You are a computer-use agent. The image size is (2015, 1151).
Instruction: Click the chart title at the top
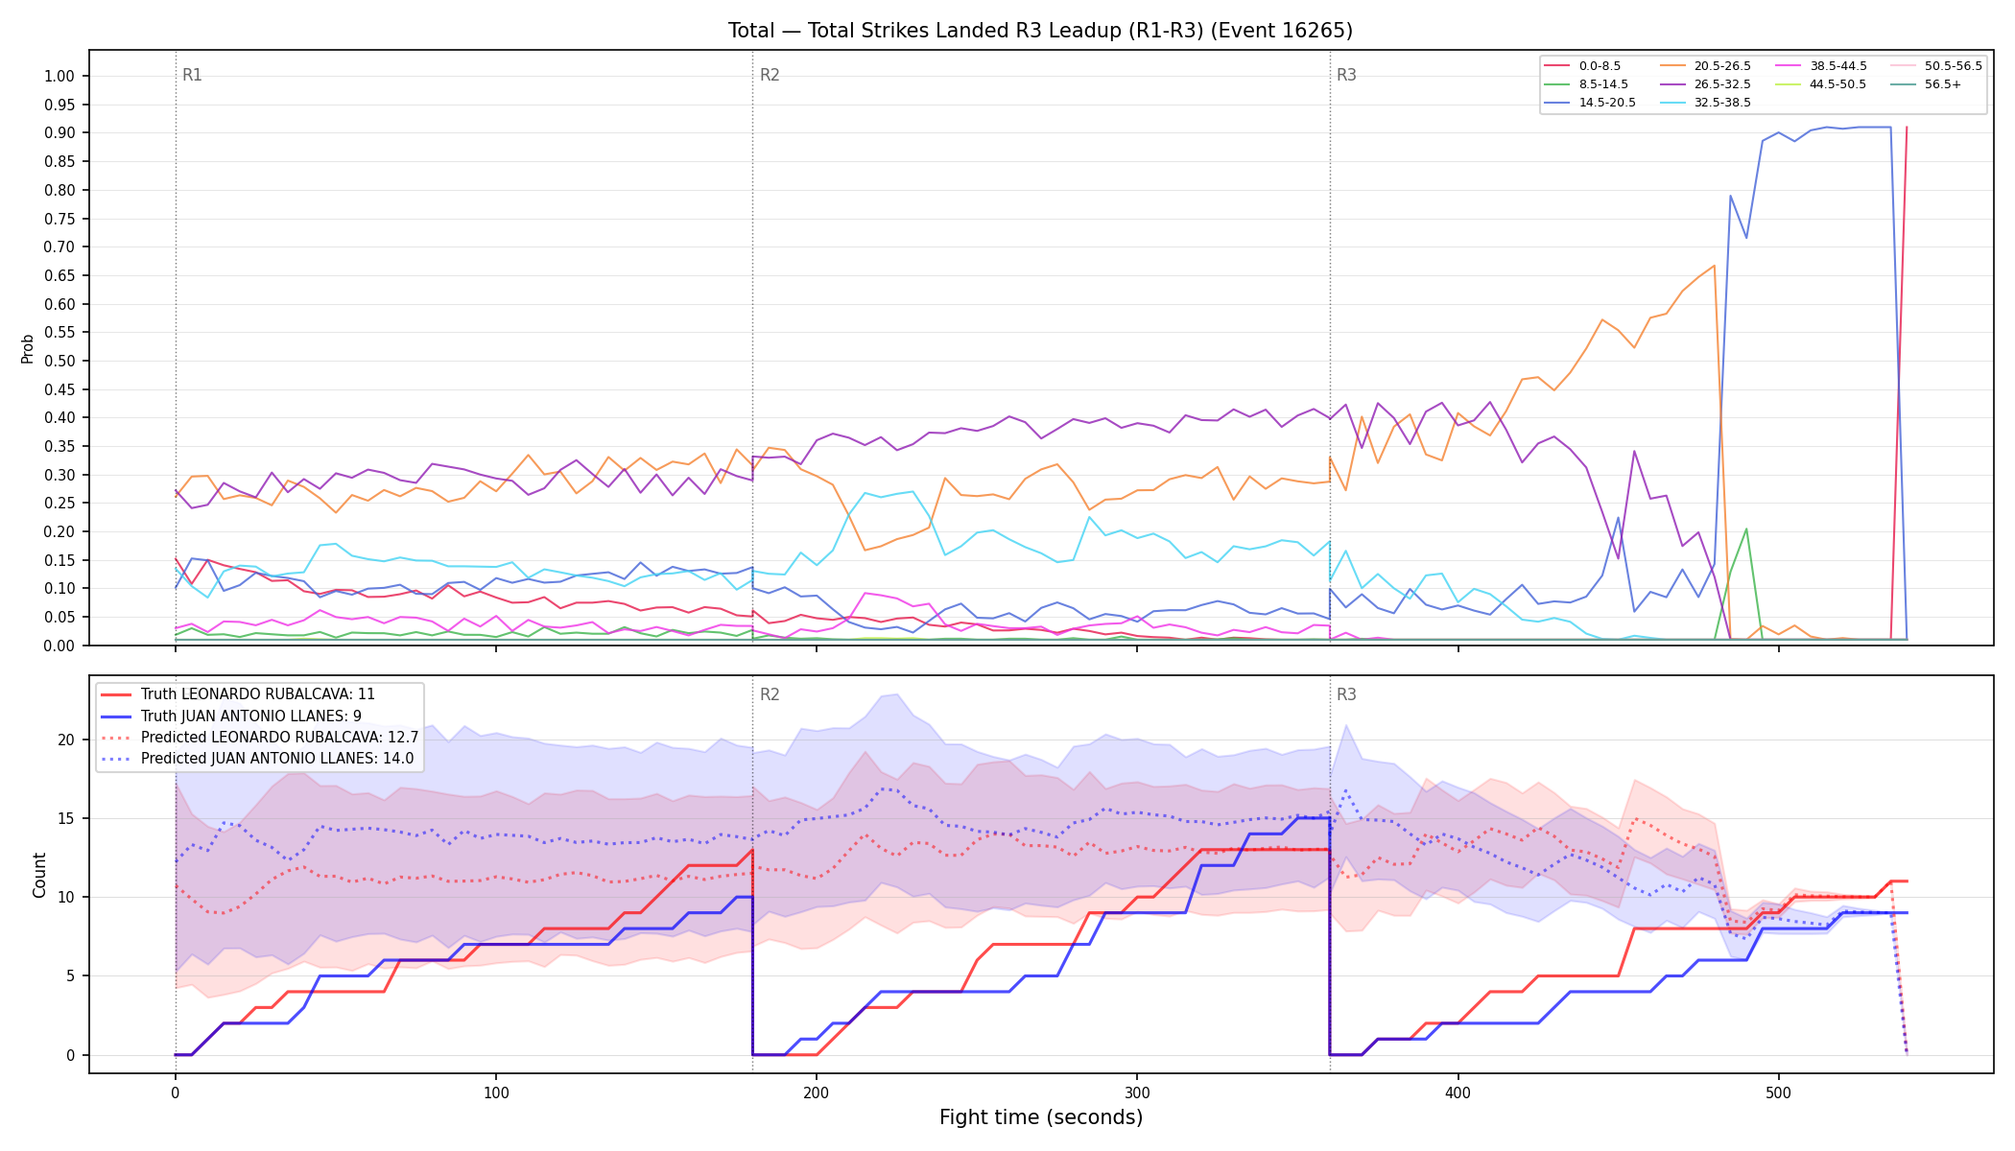click(1040, 31)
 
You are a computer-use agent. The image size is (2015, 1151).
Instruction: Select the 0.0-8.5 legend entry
click(1582, 66)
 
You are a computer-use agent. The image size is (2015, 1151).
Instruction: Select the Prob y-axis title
click(28, 348)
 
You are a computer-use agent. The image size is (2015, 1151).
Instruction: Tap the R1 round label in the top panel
click(192, 75)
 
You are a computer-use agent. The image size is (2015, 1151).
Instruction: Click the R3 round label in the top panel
click(1346, 75)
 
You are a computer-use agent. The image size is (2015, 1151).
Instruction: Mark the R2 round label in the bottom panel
click(770, 694)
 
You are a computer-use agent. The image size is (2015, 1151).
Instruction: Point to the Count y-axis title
click(39, 875)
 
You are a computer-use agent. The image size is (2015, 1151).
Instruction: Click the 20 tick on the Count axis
click(66, 740)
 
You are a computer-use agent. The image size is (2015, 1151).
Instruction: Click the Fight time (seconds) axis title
click(1041, 1117)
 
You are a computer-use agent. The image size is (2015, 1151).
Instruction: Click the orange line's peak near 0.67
click(1714, 266)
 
